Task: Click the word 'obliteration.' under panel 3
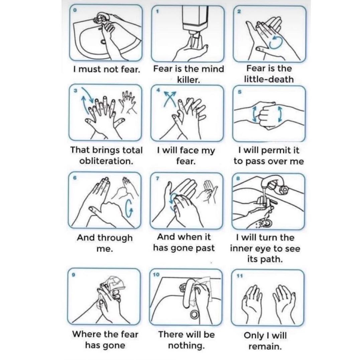pyautogui.click(x=106, y=161)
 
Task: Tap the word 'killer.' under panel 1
pyautogui.click(x=188, y=80)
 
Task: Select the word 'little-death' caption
pyautogui.click(x=269, y=79)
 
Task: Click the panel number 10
pyautogui.click(x=156, y=274)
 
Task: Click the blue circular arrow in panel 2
pyautogui.click(x=276, y=42)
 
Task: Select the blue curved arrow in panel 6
pyautogui.click(x=129, y=208)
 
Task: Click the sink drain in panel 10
pyautogui.click(x=195, y=314)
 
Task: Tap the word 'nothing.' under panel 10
pyautogui.click(x=186, y=346)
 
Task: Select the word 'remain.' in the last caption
pyautogui.click(x=265, y=346)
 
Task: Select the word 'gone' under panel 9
pyautogui.click(x=115, y=346)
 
